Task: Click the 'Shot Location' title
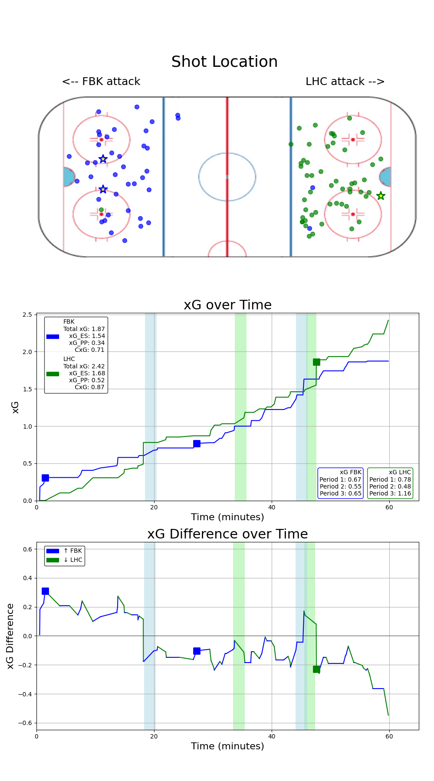point(224,62)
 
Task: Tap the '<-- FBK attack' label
point(101,82)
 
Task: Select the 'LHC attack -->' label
point(345,82)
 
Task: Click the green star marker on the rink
point(381,196)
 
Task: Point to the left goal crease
point(69,177)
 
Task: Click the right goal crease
point(385,177)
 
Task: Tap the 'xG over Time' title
point(227,305)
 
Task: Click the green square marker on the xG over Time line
point(316,362)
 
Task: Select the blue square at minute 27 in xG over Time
point(197,443)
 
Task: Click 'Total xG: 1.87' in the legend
point(84,329)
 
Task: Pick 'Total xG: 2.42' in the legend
point(84,366)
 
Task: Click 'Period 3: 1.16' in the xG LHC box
point(390,493)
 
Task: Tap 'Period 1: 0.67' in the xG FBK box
point(340,479)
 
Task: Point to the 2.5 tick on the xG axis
point(27,315)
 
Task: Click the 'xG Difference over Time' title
point(227,534)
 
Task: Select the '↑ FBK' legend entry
point(72,551)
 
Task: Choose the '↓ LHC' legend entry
point(72,560)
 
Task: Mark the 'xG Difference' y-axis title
point(10,636)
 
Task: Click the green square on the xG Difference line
point(316,669)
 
